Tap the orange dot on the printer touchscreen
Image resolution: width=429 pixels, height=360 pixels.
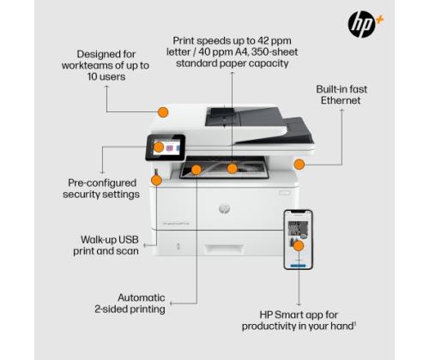159,147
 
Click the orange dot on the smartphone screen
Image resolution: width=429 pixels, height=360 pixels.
299,246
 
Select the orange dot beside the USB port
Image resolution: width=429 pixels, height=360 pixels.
156,180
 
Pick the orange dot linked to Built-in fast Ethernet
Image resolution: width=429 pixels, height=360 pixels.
299,164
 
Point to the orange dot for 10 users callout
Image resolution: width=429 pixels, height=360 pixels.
163,112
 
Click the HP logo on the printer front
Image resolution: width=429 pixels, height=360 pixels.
224,209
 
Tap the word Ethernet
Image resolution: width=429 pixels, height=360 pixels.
341,100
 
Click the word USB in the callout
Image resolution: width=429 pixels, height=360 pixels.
129,239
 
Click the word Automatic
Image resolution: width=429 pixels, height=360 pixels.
142,297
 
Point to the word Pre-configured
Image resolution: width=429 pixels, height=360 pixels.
102,183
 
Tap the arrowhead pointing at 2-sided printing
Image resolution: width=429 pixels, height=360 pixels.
171,303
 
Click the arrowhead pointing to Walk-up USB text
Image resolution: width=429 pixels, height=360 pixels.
145,245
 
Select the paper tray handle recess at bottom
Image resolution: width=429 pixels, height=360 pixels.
224,249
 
